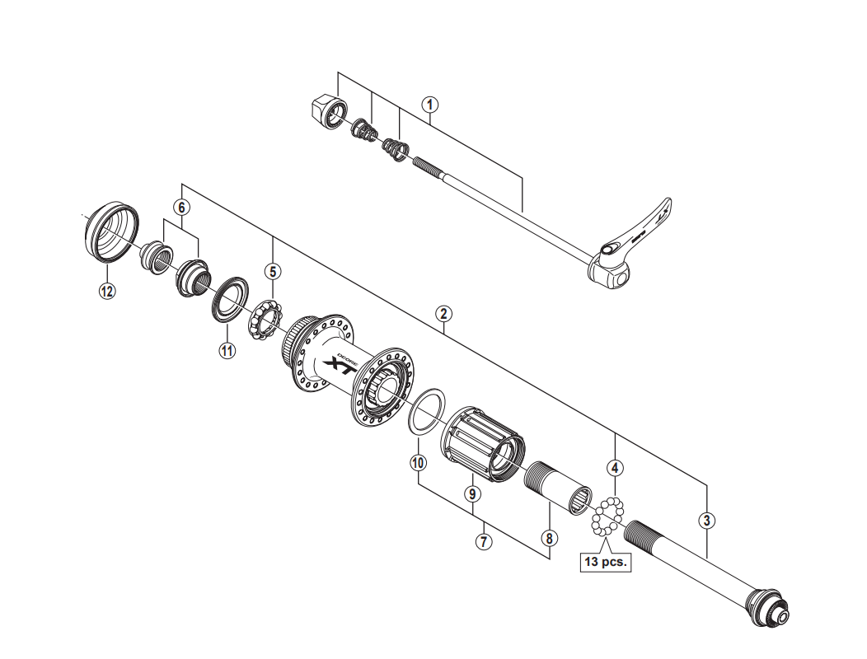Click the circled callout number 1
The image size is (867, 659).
coord(429,105)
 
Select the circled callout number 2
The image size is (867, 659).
coord(444,313)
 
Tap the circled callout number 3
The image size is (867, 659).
coord(706,520)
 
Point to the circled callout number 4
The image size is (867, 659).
coord(615,468)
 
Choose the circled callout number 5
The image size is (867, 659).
coord(272,271)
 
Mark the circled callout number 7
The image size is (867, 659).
coord(484,542)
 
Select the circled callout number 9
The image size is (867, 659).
coord(471,494)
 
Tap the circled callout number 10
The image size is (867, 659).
coord(418,462)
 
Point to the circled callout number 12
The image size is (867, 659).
coord(108,290)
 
